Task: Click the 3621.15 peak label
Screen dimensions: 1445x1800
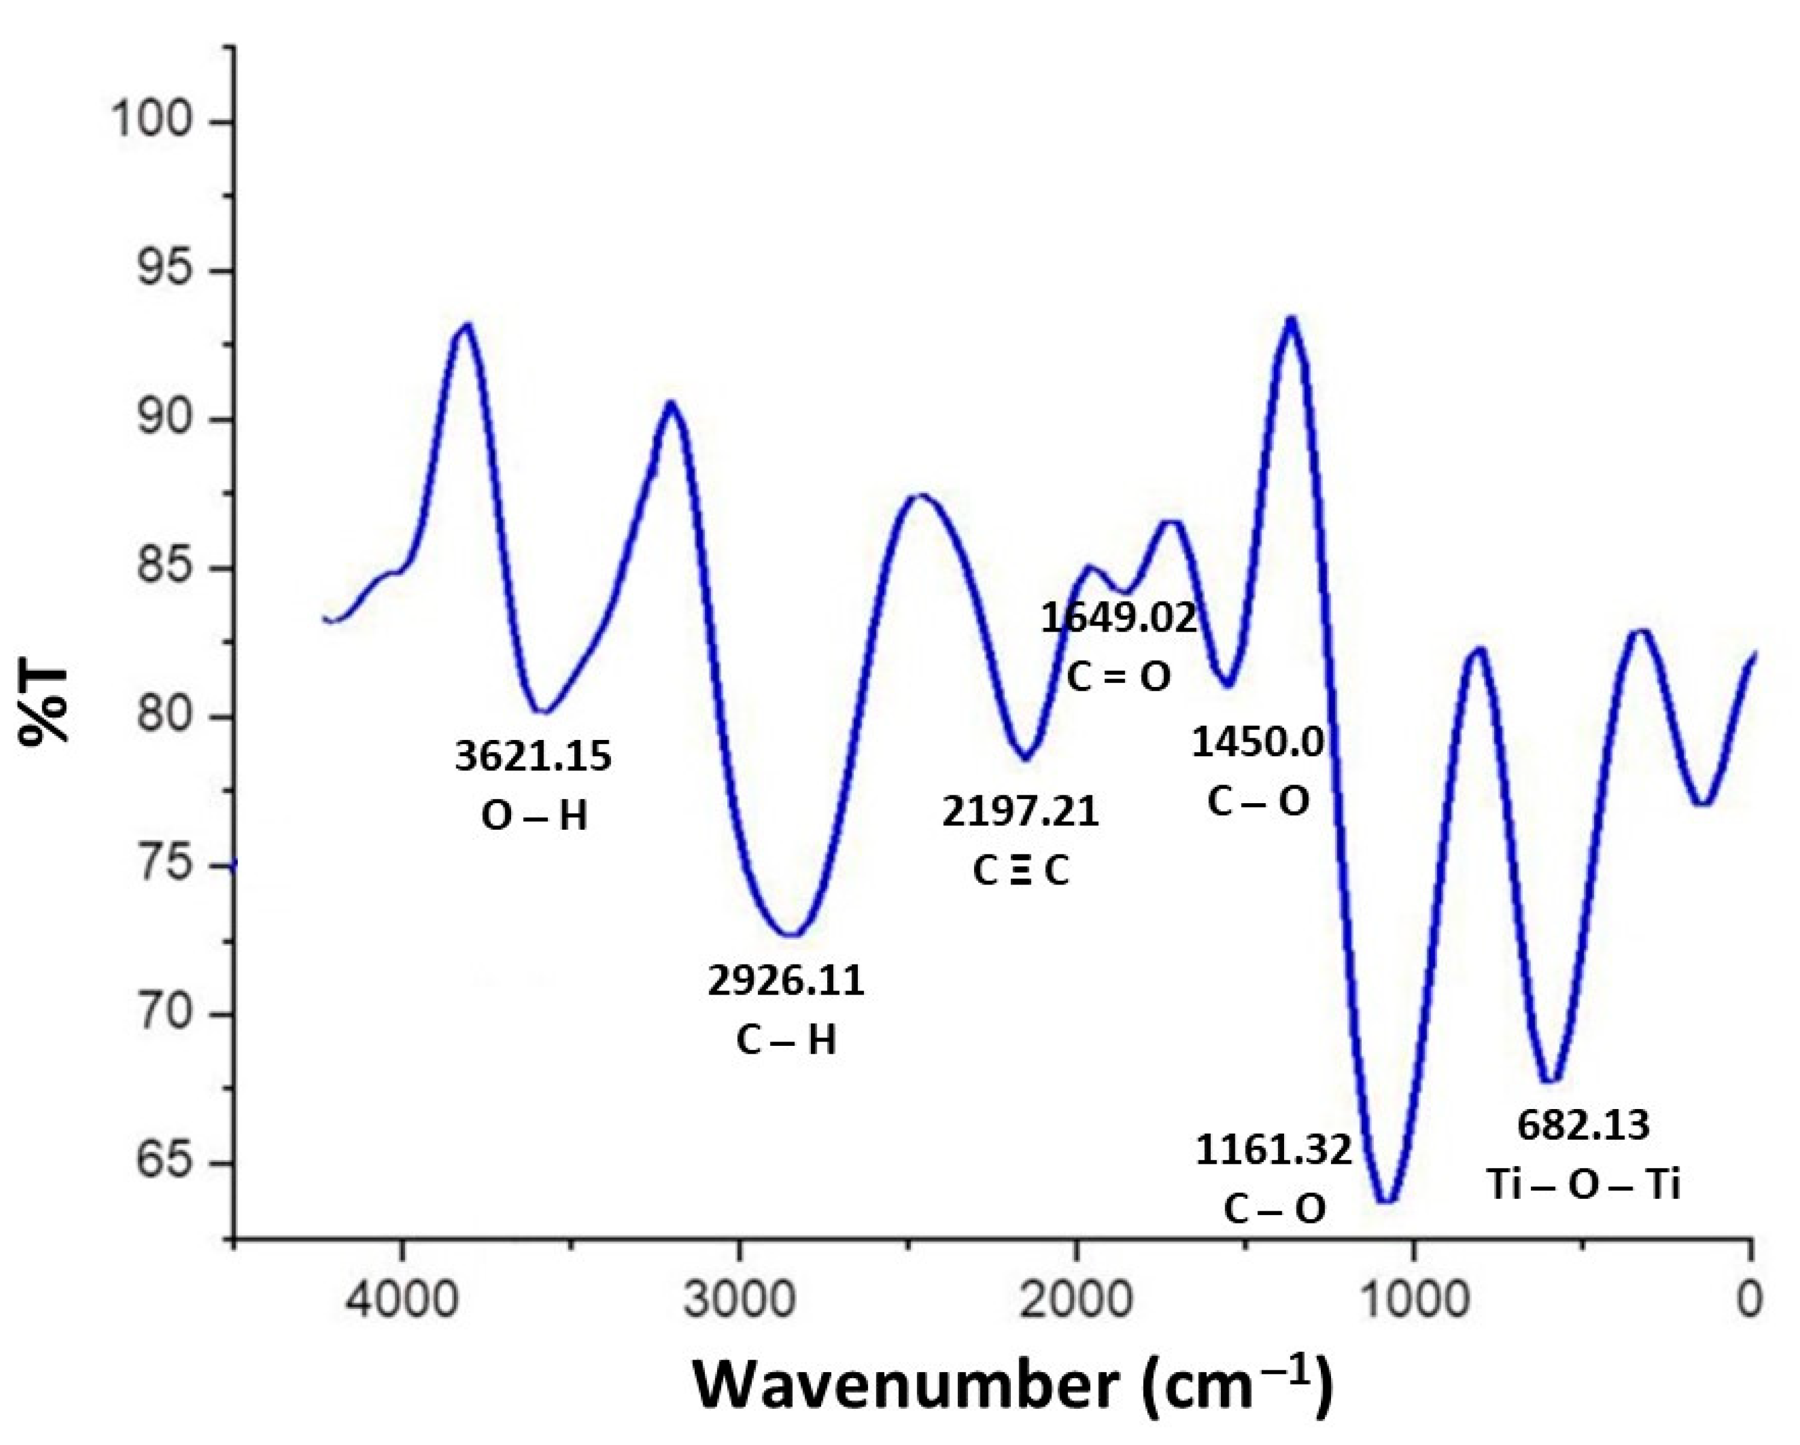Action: [x=533, y=756]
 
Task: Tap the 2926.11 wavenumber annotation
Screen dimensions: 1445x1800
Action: [x=786, y=981]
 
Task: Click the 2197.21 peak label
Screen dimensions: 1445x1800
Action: [x=1020, y=812]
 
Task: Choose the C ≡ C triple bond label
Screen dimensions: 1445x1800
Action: [x=1020, y=871]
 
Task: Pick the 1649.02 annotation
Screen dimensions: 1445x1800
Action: [x=1119, y=618]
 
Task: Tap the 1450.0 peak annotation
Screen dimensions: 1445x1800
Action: [x=1258, y=742]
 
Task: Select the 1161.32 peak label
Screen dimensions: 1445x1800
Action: [x=1273, y=1151]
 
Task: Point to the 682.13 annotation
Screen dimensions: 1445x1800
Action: [x=1583, y=1125]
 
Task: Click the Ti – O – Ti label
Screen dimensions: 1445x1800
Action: [x=1583, y=1184]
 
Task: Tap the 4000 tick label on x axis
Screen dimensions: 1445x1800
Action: [x=402, y=1300]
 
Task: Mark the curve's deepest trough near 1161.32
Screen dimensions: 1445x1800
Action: [x=1385, y=1201]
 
